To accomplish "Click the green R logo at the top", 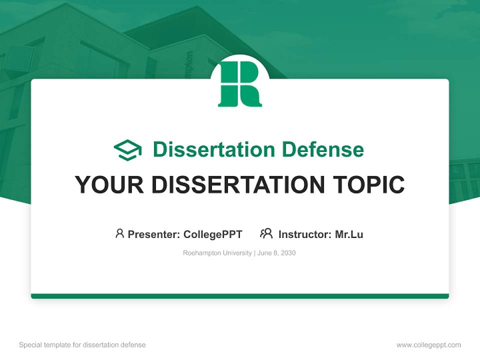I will [240, 84].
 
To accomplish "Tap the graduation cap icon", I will [127, 150].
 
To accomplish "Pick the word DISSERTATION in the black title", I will [234, 185].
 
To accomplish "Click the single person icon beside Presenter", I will [119, 233].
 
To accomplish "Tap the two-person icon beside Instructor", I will [266, 233].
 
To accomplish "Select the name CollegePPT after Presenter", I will [212, 234].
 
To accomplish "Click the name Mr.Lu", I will [349, 234].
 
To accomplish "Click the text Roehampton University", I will [217, 253].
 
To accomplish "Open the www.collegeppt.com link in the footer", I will [428, 345].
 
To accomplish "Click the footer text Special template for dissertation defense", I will [82, 345].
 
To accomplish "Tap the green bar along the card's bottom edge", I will [240, 296].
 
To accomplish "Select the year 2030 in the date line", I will [288, 253].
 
